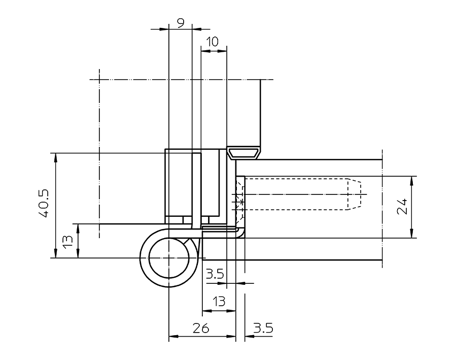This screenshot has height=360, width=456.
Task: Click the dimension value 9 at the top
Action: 181,23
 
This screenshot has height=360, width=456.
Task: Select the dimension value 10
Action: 213,42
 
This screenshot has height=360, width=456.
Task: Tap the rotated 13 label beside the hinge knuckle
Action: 67,241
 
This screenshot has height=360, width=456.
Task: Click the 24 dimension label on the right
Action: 402,207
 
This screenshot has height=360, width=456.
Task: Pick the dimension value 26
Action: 201,329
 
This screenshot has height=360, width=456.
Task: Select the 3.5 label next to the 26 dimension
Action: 263,329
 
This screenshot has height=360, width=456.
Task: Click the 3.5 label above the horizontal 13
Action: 215,274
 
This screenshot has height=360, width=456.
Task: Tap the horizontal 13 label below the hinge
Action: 219,302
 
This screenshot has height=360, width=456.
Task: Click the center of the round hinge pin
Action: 169,258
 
